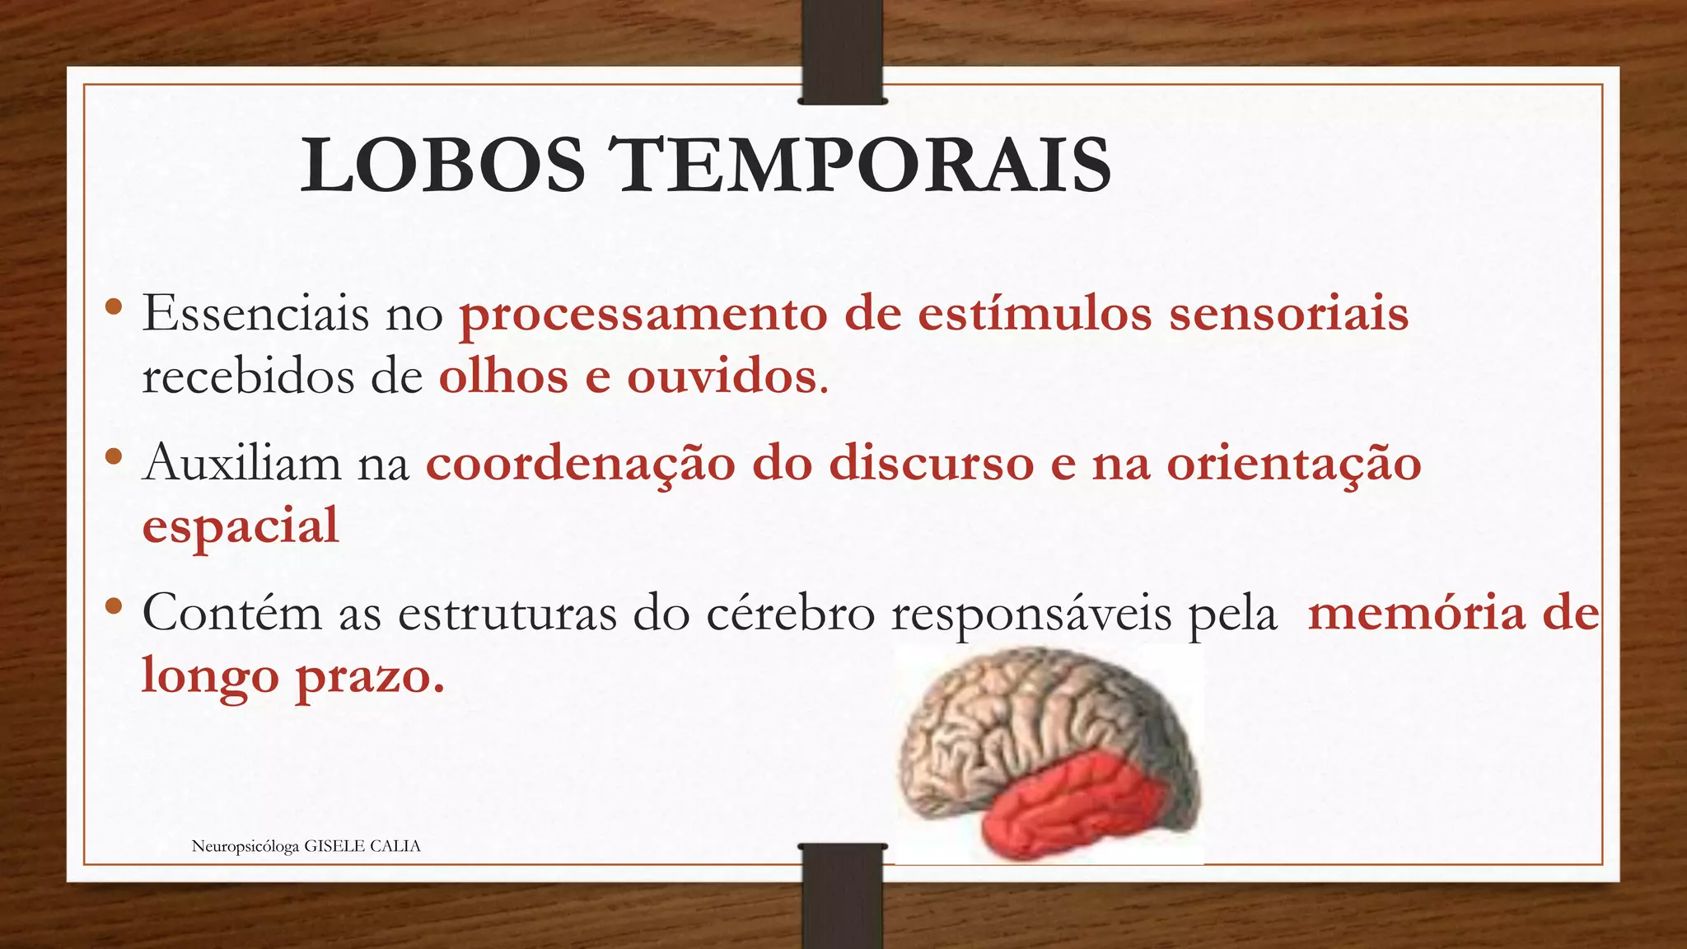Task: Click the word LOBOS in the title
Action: click(442, 166)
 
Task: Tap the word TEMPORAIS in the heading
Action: click(864, 166)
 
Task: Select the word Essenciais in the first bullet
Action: click(255, 314)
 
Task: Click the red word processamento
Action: click(643, 316)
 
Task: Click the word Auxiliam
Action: click(241, 463)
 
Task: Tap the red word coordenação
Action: click(580, 465)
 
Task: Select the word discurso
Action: click(931, 463)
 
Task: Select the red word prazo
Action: click(370, 677)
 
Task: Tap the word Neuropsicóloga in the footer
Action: click(245, 847)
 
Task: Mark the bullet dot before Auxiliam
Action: click(114, 456)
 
